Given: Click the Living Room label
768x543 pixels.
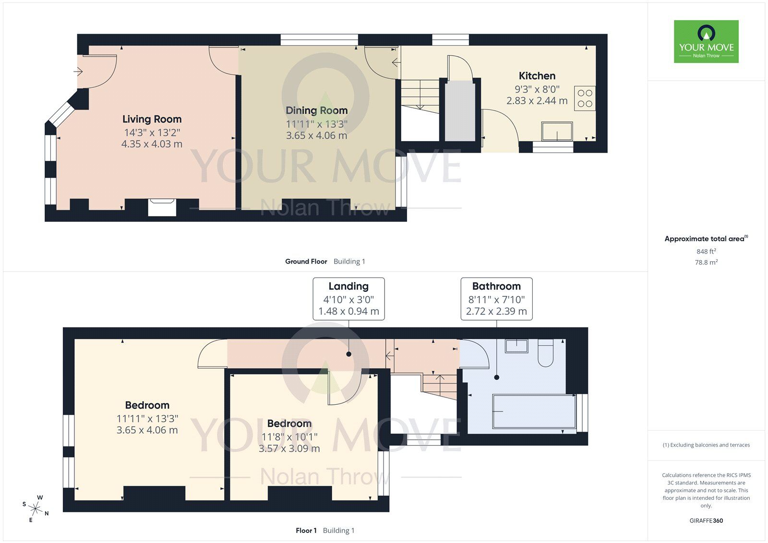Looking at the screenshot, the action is coord(152,119).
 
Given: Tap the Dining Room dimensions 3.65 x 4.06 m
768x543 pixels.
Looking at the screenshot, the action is coord(316,136).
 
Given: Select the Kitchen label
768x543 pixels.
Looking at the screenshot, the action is coord(537,76).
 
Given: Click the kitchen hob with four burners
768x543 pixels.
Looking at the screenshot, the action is coord(585,98).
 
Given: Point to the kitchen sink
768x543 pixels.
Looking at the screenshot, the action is coord(557,131).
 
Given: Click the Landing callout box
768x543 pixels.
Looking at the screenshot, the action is coord(348,298).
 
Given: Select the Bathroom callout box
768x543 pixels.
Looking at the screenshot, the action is coord(496,298).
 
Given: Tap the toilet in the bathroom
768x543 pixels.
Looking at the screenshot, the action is coord(546,352).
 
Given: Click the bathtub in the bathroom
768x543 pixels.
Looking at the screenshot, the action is coord(534,411).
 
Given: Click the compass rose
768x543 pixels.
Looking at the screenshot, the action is coord(36,507).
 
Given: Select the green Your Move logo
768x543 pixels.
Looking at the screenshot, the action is coord(706,41).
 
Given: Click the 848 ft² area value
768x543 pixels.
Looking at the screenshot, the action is coord(706,251).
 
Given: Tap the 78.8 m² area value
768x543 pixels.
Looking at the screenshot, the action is coord(706,263).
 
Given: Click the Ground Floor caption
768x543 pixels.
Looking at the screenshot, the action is coord(306,262).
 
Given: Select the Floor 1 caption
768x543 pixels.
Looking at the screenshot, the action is coord(306,531).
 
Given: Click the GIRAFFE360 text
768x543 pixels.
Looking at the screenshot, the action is coord(706,520).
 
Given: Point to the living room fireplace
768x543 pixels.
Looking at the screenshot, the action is coord(162,207).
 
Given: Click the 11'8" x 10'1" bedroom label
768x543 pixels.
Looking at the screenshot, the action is coord(289,436).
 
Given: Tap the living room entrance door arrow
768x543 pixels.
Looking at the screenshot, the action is coord(78,72).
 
